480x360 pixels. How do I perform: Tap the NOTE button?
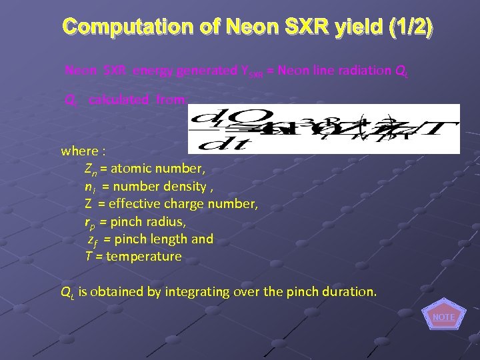(x=443, y=317)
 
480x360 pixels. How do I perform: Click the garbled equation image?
(x=324, y=129)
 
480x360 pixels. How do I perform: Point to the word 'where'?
(x=78, y=151)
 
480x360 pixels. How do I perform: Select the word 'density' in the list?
(x=187, y=187)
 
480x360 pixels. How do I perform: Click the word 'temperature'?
(x=143, y=256)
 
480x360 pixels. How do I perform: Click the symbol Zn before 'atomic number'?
(x=91, y=169)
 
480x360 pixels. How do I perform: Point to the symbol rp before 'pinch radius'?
(x=90, y=222)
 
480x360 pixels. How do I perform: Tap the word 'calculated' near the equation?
(x=119, y=100)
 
